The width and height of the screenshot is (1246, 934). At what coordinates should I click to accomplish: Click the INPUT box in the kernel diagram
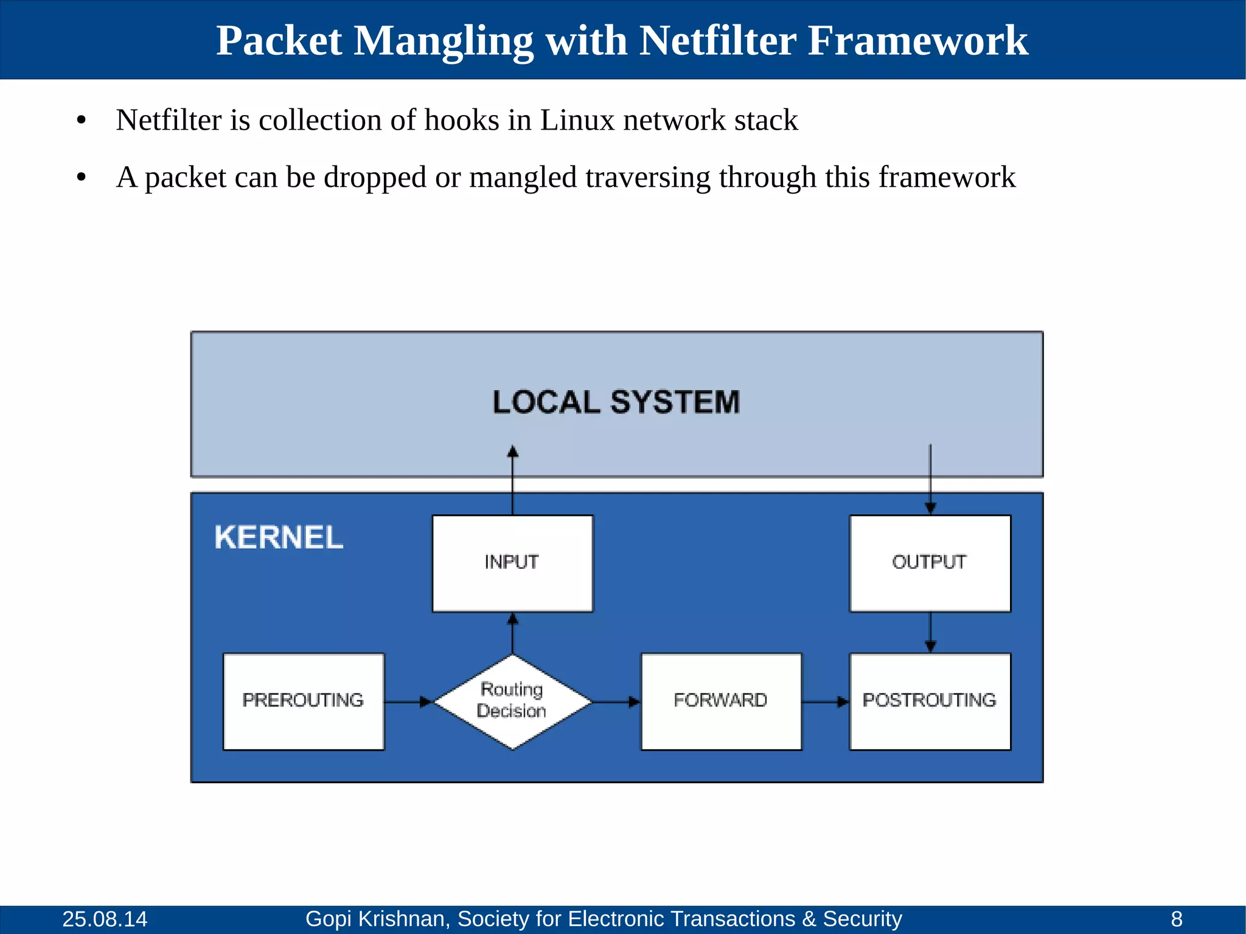tap(512, 563)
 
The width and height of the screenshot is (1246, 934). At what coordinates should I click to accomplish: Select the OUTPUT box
tap(930, 563)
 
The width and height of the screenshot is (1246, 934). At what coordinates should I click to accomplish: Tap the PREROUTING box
tap(303, 701)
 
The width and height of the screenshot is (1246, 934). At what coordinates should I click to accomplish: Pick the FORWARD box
tap(721, 701)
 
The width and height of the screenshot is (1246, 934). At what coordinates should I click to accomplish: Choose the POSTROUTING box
tap(930, 701)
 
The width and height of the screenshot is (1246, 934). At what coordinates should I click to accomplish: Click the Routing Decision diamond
tap(512, 701)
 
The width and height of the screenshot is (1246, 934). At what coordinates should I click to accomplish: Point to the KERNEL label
tap(279, 538)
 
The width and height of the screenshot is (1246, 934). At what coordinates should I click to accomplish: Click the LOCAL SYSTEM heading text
tap(616, 403)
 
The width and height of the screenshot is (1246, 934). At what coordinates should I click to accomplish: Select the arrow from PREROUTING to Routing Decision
tap(408, 702)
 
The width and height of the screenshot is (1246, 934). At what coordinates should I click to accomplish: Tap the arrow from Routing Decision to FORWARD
tap(616, 702)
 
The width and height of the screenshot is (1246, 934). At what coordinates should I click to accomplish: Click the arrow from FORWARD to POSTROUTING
tap(825, 702)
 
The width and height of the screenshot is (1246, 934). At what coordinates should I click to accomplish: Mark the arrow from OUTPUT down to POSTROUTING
tap(930, 632)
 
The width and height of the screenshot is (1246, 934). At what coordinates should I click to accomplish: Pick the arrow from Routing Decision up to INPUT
tap(513, 633)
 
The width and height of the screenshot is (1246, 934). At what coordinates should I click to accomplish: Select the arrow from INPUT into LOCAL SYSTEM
tap(513, 481)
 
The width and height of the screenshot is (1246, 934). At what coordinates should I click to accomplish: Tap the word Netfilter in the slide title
tap(718, 41)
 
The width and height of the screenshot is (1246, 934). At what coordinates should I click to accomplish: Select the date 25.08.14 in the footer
tap(105, 919)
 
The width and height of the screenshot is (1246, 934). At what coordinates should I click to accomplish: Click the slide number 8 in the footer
tap(1177, 919)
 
